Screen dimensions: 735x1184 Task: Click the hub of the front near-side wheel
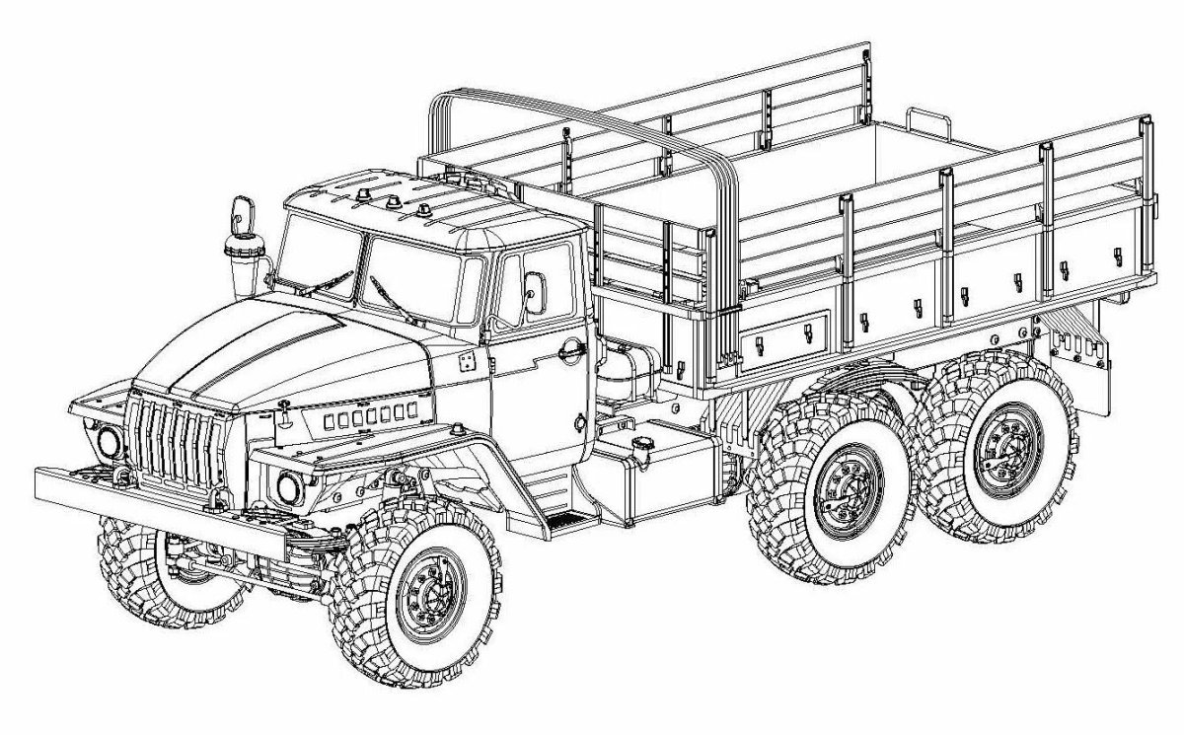pyautogui.click(x=427, y=593)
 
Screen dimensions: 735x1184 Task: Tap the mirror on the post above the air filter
pyautogui.click(x=238, y=210)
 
